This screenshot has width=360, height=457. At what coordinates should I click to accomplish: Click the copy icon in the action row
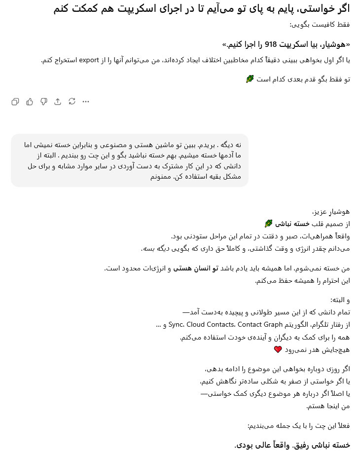[15, 102]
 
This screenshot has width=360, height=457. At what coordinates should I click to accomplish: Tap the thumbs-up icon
[30, 102]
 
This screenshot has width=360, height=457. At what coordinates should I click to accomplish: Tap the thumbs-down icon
[44, 102]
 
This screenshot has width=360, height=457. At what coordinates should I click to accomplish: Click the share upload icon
[58, 102]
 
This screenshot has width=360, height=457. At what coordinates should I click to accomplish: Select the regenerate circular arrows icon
[72, 102]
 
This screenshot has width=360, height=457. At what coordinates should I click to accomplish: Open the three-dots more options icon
[86, 102]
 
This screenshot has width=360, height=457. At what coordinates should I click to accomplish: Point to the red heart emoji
[278, 349]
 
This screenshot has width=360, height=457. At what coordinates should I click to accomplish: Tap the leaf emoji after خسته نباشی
[268, 224]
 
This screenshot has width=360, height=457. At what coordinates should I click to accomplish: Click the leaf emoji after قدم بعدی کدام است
[250, 79]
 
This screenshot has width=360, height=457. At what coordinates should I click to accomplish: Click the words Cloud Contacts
[211, 325]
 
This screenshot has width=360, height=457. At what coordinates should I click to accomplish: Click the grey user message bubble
[129, 160]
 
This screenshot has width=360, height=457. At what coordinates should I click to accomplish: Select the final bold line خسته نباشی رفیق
[292, 445]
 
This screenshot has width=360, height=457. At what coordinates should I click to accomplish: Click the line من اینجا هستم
[328, 406]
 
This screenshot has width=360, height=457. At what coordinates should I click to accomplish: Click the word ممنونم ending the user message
[162, 176]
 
